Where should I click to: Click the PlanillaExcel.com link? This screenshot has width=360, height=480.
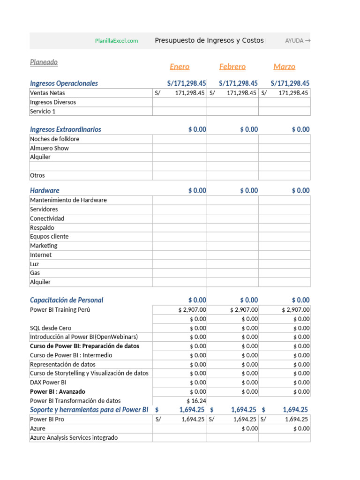click(116, 41)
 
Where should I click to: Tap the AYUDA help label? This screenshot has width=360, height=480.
click(297, 41)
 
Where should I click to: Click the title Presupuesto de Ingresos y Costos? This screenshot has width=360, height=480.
click(209, 41)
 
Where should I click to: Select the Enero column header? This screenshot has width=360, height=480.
click(180, 67)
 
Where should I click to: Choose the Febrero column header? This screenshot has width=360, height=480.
click(232, 67)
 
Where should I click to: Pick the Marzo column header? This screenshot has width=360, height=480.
click(284, 67)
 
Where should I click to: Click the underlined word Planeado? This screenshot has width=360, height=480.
click(44, 62)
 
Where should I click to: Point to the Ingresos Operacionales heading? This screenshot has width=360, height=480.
click(64, 83)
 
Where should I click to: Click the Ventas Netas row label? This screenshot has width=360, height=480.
click(47, 93)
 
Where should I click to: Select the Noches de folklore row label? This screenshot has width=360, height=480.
click(54, 139)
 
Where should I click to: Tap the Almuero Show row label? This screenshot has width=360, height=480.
click(49, 148)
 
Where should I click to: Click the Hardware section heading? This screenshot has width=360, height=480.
click(45, 190)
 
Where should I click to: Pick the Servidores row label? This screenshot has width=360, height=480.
click(44, 209)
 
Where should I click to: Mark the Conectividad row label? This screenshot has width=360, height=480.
click(47, 218)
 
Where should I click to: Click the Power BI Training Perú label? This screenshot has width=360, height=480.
click(60, 309)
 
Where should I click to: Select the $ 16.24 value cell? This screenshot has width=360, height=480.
click(196, 401)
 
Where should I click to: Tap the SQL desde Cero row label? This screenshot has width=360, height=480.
click(51, 328)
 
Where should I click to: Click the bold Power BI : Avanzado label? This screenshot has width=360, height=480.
click(58, 391)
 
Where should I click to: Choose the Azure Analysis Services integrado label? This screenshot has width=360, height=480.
click(74, 437)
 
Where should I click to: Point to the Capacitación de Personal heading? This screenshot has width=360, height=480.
click(67, 300)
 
